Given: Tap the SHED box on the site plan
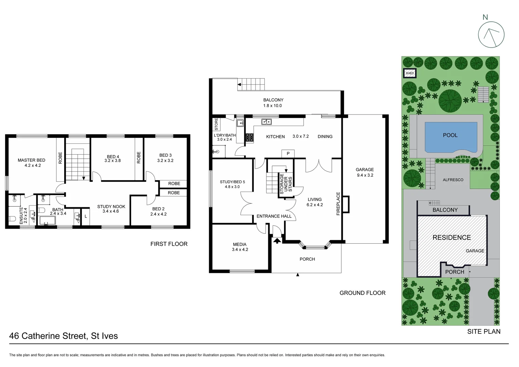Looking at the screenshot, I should click(x=410, y=73).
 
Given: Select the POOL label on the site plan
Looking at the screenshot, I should click(x=450, y=135).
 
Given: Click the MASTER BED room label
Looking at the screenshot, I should click(x=31, y=160).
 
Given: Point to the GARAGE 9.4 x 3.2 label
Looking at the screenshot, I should click(x=365, y=172).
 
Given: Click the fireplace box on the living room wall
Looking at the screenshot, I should click(x=346, y=205).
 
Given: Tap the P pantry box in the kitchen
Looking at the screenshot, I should click(x=288, y=154).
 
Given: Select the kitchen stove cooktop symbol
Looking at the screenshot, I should click(x=250, y=137).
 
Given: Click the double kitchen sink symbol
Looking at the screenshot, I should click(x=266, y=121).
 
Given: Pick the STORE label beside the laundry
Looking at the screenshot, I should click(x=216, y=124).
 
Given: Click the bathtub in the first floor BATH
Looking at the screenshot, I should click(x=48, y=221).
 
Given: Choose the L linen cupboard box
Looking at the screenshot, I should click(x=86, y=216).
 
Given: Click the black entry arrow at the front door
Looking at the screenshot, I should click(x=277, y=241).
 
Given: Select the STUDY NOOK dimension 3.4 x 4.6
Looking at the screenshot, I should click(x=111, y=211).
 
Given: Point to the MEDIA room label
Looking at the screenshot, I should click(x=240, y=244).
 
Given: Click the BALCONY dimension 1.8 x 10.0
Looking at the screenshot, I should click(x=273, y=106).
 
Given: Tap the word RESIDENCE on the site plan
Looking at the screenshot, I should click(x=451, y=238).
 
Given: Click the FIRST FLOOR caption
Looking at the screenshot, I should click(x=169, y=244).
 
